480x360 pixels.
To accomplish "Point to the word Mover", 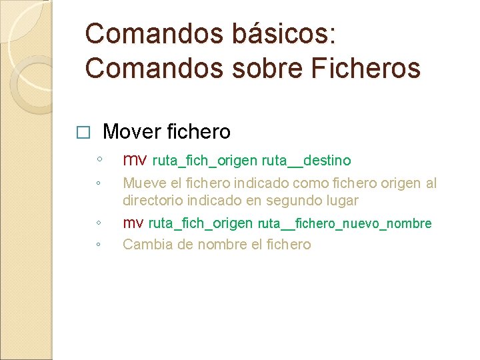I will (x=132, y=131).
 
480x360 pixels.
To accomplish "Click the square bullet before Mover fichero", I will (x=82, y=133).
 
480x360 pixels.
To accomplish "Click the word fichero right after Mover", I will (x=198, y=131).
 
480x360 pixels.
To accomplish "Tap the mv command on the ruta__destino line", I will (x=135, y=160).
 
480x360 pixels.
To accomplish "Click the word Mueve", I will (x=142, y=183).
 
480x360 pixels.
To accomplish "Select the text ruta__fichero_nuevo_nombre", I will (x=345, y=223).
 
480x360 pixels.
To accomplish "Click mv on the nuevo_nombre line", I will (x=133, y=223).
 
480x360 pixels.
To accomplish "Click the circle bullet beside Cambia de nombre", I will (x=98, y=245).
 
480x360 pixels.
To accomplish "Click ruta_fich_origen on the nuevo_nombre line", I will (x=200, y=223).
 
